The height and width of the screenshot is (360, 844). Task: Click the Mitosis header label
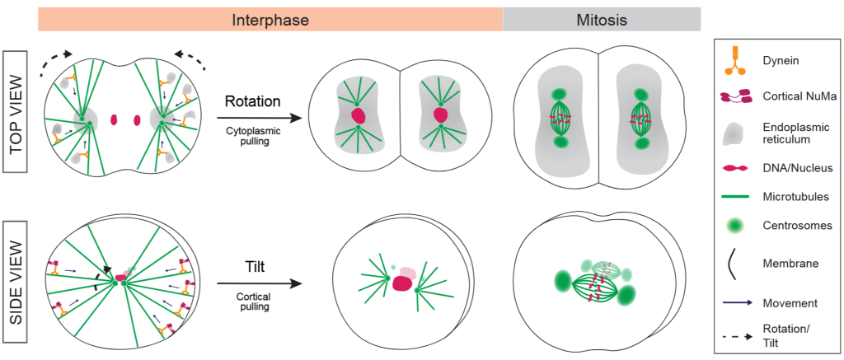point(602,19)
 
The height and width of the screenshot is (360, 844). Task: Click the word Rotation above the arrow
point(254,102)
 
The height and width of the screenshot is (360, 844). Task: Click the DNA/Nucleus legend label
point(797,167)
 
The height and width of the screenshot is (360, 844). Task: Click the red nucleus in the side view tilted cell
point(402,283)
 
